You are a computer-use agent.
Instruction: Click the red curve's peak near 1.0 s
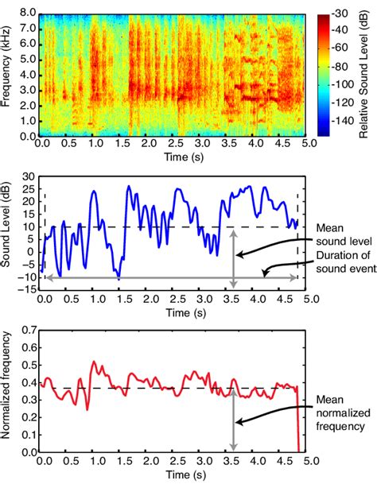tap(94, 362)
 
